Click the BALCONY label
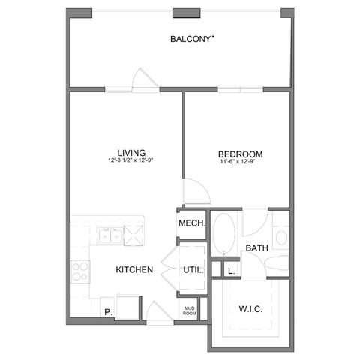188,39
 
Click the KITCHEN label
134,269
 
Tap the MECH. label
190,224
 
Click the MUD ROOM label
190,310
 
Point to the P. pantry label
108,310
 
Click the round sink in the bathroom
280,238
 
